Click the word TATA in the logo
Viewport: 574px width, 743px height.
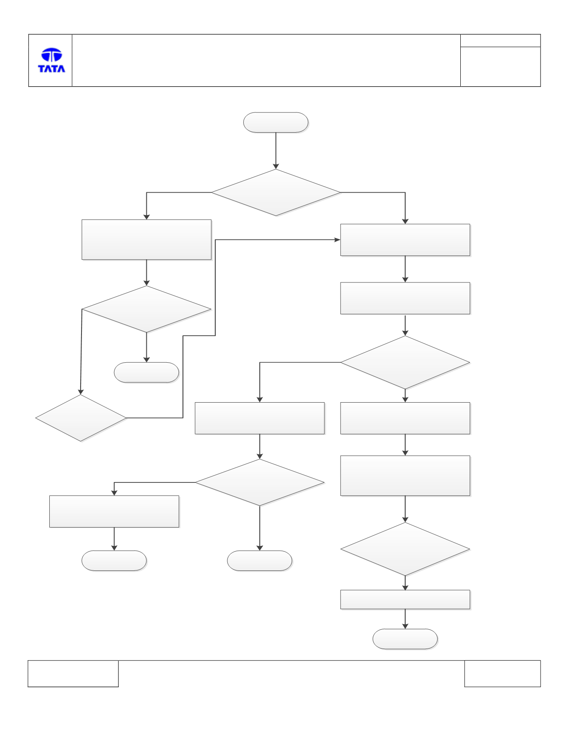pyautogui.click(x=51, y=68)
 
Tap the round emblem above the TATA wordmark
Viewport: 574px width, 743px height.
pyautogui.click(x=51, y=55)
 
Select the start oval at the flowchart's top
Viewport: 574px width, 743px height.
pyautogui.click(x=276, y=122)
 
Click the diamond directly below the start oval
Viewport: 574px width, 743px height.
pyautogui.click(x=276, y=192)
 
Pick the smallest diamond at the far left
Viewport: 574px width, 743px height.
pyautogui.click(x=81, y=418)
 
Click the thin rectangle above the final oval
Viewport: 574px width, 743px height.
pyautogui.click(x=405, y=600)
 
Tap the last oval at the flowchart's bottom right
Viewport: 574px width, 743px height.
pyautogui.click(x=405, y=639)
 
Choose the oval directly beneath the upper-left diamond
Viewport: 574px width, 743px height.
pyautogui.click(x=146, y=372)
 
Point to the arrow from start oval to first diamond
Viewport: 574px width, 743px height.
pyautogui.click(x=276, y=151)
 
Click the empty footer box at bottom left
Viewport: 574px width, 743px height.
pyautogui.click(x=73, y=673)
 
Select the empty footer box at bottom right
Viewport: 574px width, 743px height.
pyautogui.click(x=502, y=673)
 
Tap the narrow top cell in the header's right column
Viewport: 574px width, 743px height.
pyautogui.click(x=500, y=41)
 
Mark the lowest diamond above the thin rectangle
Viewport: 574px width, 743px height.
pyautogui.click(x=405, y=549)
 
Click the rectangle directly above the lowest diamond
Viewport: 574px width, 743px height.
pyautogui.click(x=405, y=476)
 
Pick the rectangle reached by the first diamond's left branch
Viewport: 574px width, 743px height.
pyautogui.click(x=146, y=240)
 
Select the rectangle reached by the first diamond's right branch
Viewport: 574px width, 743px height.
pyautogui.click(x=405, y=240)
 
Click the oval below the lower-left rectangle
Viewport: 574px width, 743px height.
pyautogui.click(x=114, y=561)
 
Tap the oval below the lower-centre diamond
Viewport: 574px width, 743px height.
pyautogui.click(x=260, y=561)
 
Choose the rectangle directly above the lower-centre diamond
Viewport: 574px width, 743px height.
pyautogui.click(x=260, y=418)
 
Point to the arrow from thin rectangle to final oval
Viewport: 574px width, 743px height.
pyautogui.click(x=405, y=619)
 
